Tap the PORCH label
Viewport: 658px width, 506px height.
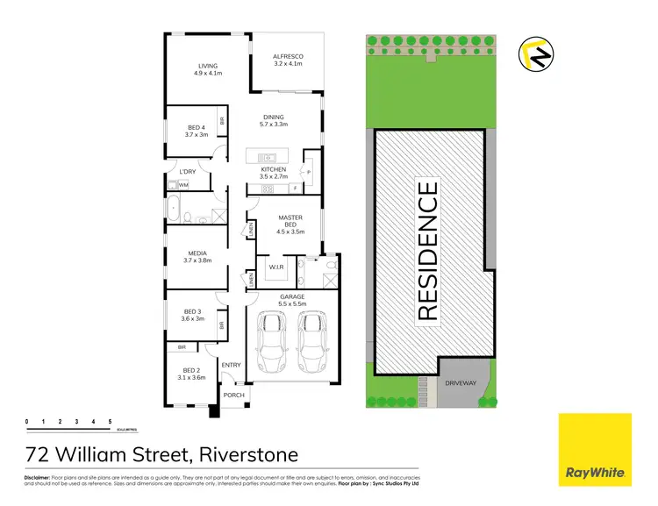coord(233,396)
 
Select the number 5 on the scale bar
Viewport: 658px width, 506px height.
coord(110,423)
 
